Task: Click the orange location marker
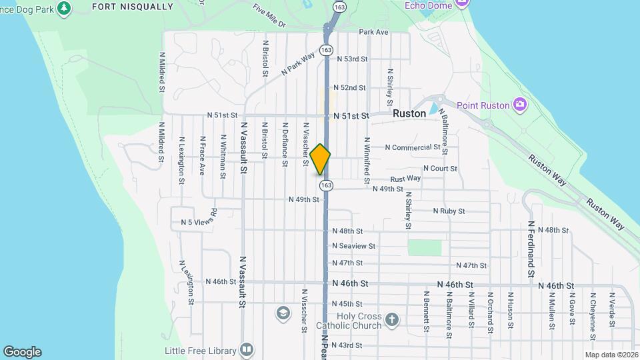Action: (x=321, y=159)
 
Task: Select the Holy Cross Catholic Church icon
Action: (x=391, y=320)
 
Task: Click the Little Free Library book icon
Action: (x=247, y=350)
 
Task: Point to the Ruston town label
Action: (x=409, y=114)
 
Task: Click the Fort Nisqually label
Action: (x=132, y=7)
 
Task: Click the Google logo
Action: (x=22, y=352)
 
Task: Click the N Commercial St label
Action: (x=413, y=147)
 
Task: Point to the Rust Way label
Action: (x=405, y=178)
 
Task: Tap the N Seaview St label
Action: (x=354, y=246)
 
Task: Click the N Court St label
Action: (x=440, y=169)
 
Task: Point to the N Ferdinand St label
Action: (x=531, y=249)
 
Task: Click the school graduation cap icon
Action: (x=283, y=313)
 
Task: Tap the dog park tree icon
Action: (x=64, y=9)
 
